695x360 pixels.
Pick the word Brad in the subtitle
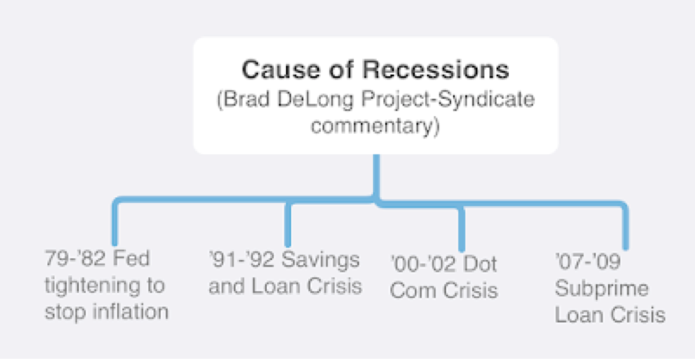point(245,100)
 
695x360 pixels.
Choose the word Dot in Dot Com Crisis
point(480,264)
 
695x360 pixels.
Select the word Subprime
point(593,289)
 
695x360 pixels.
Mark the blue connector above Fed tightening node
point(114,223)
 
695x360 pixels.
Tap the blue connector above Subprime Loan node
point(625,227)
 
